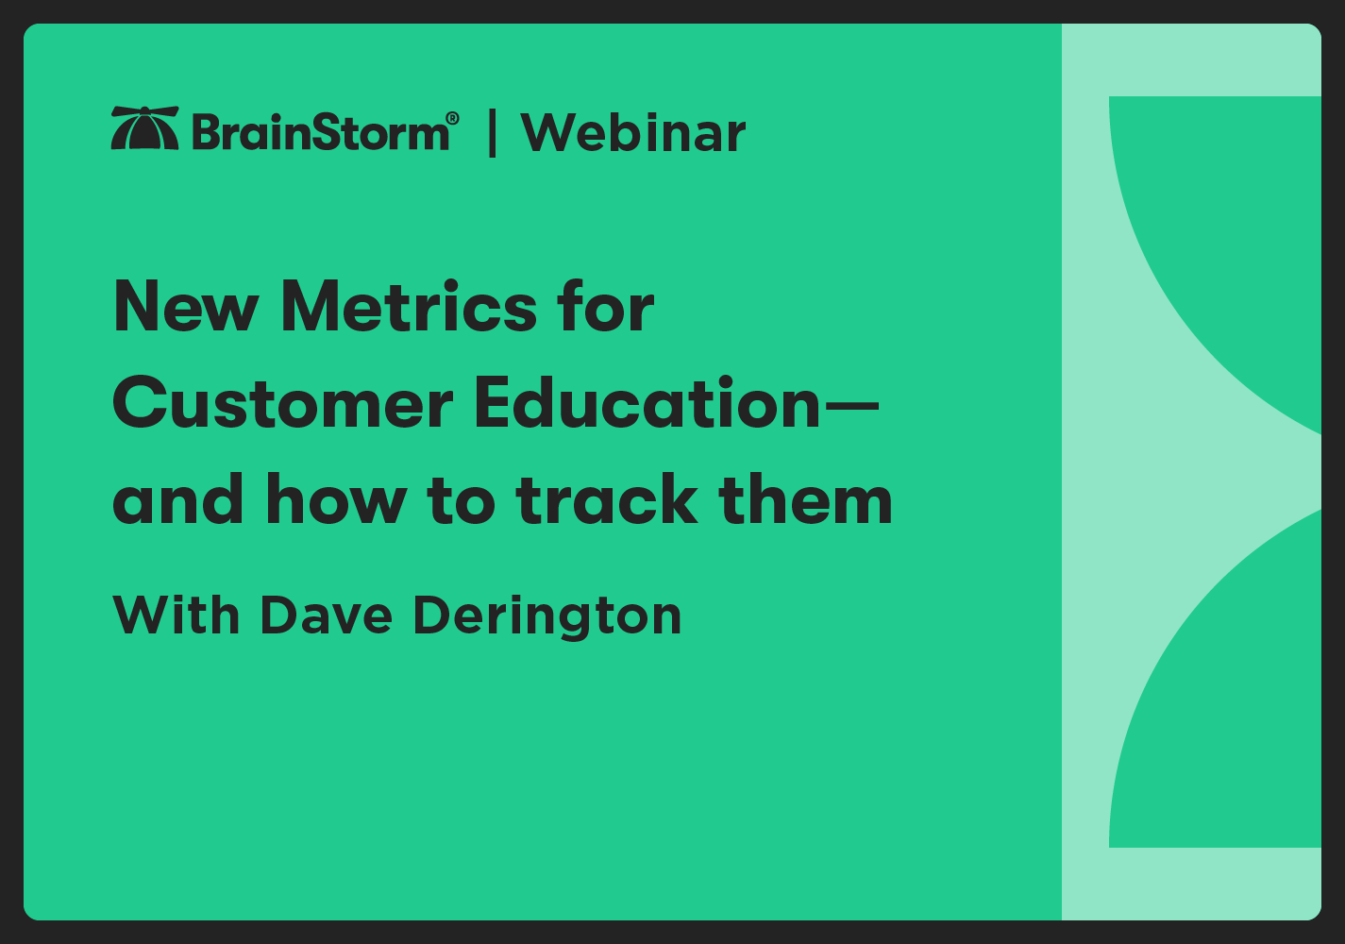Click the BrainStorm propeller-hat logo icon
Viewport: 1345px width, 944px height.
point(144,128)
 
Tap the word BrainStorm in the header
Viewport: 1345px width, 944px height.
point(320,132)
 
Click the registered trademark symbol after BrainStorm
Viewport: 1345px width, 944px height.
point(452,119)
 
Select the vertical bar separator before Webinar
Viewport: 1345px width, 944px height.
point(492,133)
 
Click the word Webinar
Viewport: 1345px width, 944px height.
point(632,133)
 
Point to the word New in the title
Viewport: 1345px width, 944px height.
point(185,308)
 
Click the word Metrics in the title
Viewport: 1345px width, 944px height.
point(395,308)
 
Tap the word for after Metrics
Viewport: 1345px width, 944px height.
point(604,308)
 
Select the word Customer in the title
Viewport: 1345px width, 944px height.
point(283,404)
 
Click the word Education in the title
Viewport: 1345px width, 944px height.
point(647,404)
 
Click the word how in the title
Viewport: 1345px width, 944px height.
point(335,500)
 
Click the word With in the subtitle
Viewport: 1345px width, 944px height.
point(176,615)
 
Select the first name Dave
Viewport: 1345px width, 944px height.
point(326,615)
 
